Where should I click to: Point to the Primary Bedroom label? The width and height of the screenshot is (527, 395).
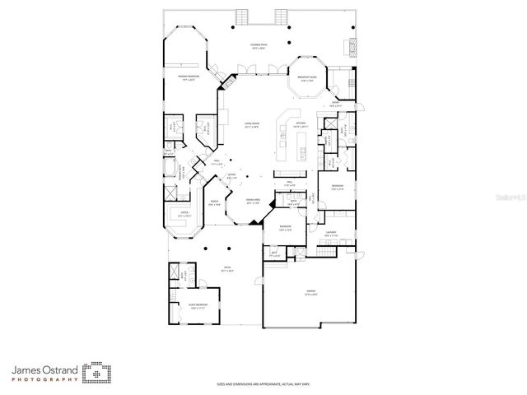tap(189, 78)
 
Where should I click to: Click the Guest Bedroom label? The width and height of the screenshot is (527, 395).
tap(195, 305)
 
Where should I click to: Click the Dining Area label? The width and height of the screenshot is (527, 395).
tap(252, 202)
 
